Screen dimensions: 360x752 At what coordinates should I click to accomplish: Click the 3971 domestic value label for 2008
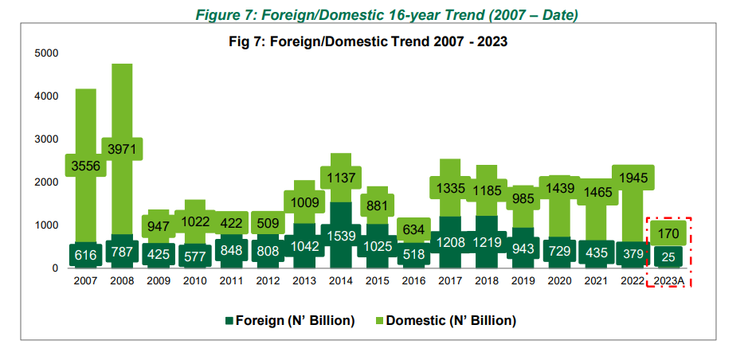tap(122, 149)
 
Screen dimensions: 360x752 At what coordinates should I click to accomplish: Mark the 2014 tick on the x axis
tap(340, 281)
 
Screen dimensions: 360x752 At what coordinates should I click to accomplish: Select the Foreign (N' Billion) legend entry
tap(290, 320)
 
